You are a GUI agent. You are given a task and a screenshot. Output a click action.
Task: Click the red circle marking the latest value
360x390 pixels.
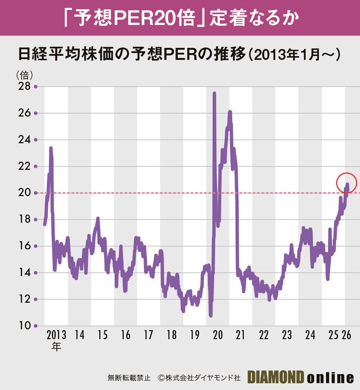tap(346, 183)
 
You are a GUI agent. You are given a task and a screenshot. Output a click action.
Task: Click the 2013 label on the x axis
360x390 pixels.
tap(57, 336)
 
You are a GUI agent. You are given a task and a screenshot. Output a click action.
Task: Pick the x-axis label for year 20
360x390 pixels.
tap(218, 336)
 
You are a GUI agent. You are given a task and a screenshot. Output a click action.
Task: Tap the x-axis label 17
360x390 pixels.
tap(148, 336)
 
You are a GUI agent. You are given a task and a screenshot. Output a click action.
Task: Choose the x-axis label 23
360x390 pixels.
tap(287, 336)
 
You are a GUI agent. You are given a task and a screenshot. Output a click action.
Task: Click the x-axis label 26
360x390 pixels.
tap(346, 336)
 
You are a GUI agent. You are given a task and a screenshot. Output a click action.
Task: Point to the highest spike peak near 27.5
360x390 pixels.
tap(214, 94)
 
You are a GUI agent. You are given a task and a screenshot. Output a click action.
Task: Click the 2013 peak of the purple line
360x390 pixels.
tap(51, 148)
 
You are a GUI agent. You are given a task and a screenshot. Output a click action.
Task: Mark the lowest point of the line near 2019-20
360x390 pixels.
tap(211, 315)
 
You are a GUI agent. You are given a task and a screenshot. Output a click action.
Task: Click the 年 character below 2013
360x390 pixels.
tap(57, 346)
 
